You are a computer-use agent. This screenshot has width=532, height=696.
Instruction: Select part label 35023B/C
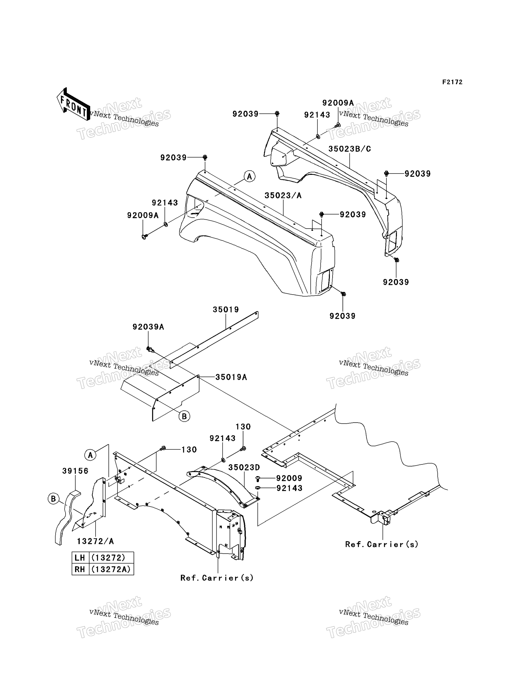pos(349,149)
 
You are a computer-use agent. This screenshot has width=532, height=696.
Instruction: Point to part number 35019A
pos(231,377)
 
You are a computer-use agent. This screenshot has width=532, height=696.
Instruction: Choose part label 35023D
pos(244,467)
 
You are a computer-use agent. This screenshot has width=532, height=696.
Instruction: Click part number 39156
pos(75,471)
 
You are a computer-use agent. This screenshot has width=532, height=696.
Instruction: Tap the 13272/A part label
pos(95,541)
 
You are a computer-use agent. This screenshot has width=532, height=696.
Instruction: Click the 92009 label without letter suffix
pos(289,478)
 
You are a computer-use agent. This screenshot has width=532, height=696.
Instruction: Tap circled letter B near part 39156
pos(53,499)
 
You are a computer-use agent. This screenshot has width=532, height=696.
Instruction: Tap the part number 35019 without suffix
pos(226,309)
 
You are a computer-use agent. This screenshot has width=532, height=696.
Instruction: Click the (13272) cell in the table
pos(112,558)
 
